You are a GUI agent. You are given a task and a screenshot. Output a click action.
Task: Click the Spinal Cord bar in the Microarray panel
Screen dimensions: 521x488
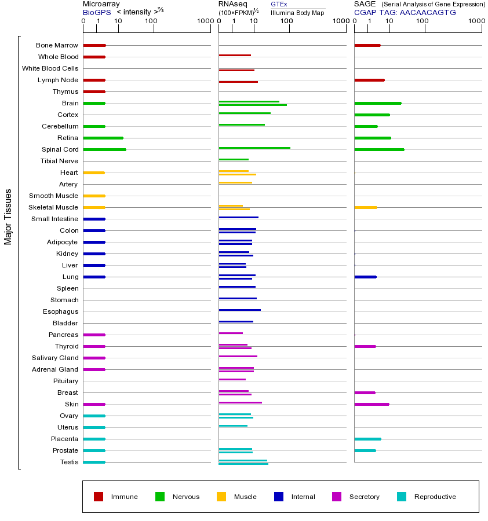click(x=104, y=149)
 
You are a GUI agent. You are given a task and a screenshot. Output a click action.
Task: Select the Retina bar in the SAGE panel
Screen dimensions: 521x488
click(x=372, y=138)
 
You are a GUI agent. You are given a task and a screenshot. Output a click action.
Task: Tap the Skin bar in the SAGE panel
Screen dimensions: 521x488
click(x=372, y=404)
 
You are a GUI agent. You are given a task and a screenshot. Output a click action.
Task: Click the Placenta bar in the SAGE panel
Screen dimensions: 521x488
click(x=367, y=439)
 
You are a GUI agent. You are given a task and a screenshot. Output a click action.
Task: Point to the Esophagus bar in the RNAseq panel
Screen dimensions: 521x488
click(x=239, y=310)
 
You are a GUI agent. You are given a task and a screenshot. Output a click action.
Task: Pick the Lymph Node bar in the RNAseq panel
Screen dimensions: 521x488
click(x=238, y=82)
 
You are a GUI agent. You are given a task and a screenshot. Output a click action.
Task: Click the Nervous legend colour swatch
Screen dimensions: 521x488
click(x=160, y=497)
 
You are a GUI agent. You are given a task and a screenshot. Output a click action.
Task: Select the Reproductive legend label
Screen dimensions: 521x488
click(x=435, y=497)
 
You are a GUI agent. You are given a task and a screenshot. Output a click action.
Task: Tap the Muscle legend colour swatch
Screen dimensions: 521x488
click(x=221, y=497)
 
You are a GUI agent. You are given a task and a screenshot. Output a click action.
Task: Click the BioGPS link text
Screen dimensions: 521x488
click(x=96, y=12)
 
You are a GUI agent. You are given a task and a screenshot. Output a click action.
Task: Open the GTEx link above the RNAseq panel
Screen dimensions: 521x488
click(x=279, y=4)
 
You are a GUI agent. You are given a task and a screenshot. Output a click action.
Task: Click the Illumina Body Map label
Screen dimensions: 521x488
click(x=297, y=13)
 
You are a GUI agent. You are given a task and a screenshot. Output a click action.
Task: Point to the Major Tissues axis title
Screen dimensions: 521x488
click(x=8, y=217)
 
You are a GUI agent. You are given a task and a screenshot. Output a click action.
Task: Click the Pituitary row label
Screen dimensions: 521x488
click(x=65, y=381)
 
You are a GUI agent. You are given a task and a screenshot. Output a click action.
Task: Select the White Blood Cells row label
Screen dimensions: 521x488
click(x=50, y=68)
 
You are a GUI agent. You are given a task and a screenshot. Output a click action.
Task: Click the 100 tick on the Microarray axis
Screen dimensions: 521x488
click(x=151, y=22)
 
